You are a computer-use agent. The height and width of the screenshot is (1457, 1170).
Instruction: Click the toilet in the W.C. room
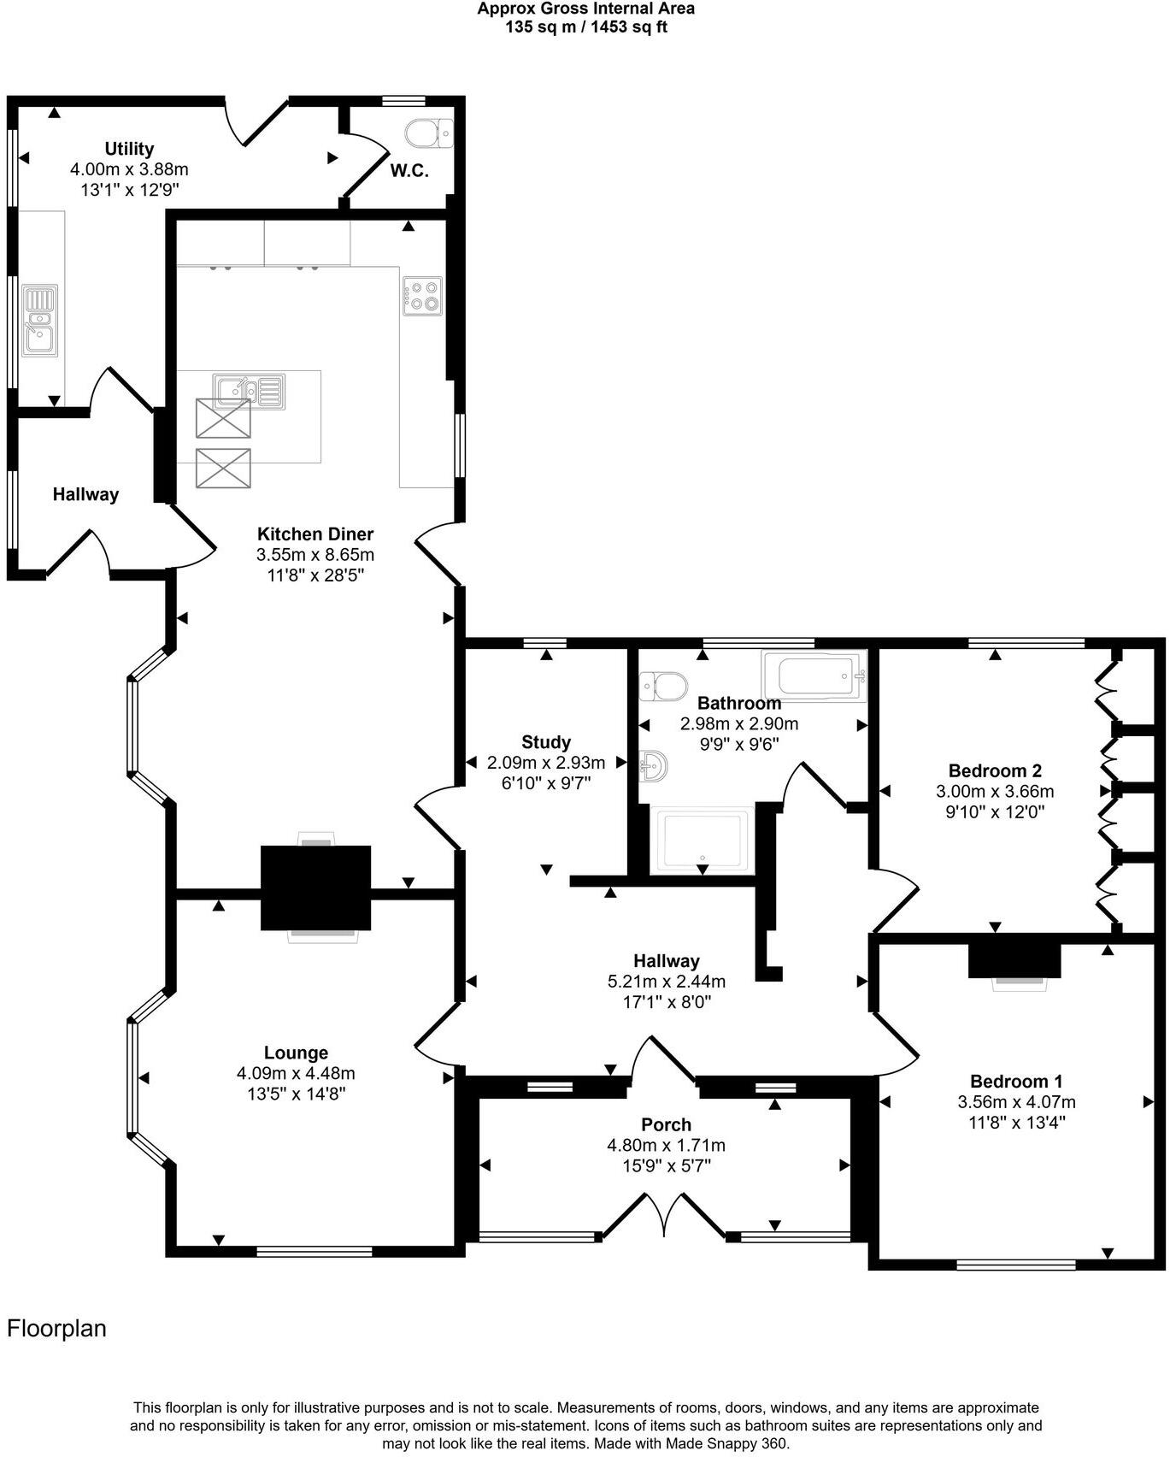tap(428, 133)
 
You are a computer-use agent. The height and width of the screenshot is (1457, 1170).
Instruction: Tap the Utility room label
tap(129, 149)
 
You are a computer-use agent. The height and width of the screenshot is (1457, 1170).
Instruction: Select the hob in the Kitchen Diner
tap(422, 295)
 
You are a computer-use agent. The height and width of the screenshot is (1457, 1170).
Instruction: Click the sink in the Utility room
tap(40, 321)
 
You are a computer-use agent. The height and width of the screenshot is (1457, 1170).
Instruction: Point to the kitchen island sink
tap(248, 391)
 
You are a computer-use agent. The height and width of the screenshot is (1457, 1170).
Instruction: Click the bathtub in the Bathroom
tap(813, 675)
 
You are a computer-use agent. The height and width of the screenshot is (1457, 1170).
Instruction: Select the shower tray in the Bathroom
tap(700, 840)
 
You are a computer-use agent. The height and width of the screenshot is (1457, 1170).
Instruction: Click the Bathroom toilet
tap(663, 685)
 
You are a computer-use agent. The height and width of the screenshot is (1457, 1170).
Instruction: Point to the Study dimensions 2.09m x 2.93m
tap(546, 762)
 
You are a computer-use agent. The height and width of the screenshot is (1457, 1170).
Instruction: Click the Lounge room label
tap(296, 1053)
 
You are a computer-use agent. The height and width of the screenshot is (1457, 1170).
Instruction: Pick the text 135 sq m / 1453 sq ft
tap(585, 27)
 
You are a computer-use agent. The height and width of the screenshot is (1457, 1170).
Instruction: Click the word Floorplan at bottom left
tap(56, 1328)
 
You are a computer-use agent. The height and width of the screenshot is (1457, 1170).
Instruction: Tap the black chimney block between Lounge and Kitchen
tap(315, 887)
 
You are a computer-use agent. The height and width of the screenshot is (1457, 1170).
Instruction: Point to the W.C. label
tap(409, 171)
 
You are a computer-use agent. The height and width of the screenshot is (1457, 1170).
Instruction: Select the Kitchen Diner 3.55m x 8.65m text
tap(315, 554)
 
